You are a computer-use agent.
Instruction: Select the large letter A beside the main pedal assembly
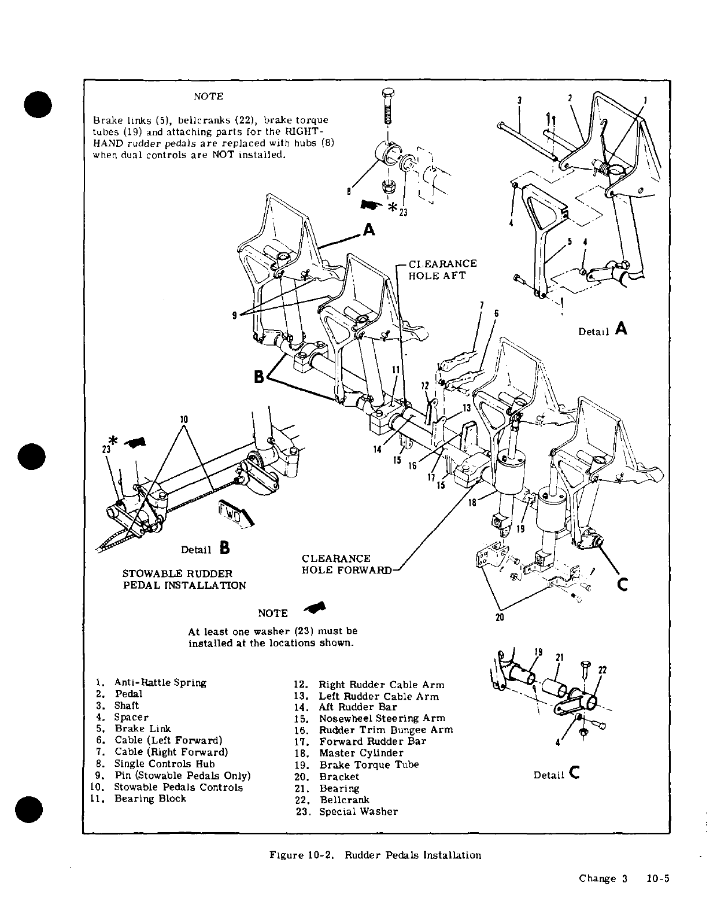369,230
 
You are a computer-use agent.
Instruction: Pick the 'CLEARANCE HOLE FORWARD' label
346,564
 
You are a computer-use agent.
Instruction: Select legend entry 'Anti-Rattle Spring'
160,683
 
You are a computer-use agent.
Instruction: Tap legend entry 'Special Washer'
358,811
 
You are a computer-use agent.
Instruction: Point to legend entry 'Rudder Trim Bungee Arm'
386,730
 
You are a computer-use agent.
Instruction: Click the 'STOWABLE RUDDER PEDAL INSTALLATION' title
184,579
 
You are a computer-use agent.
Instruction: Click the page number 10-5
657,878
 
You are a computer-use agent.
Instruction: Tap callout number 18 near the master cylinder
472,503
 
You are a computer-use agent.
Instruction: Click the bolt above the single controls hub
387,110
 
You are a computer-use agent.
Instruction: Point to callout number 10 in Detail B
183,418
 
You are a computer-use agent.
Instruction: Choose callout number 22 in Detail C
602,670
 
